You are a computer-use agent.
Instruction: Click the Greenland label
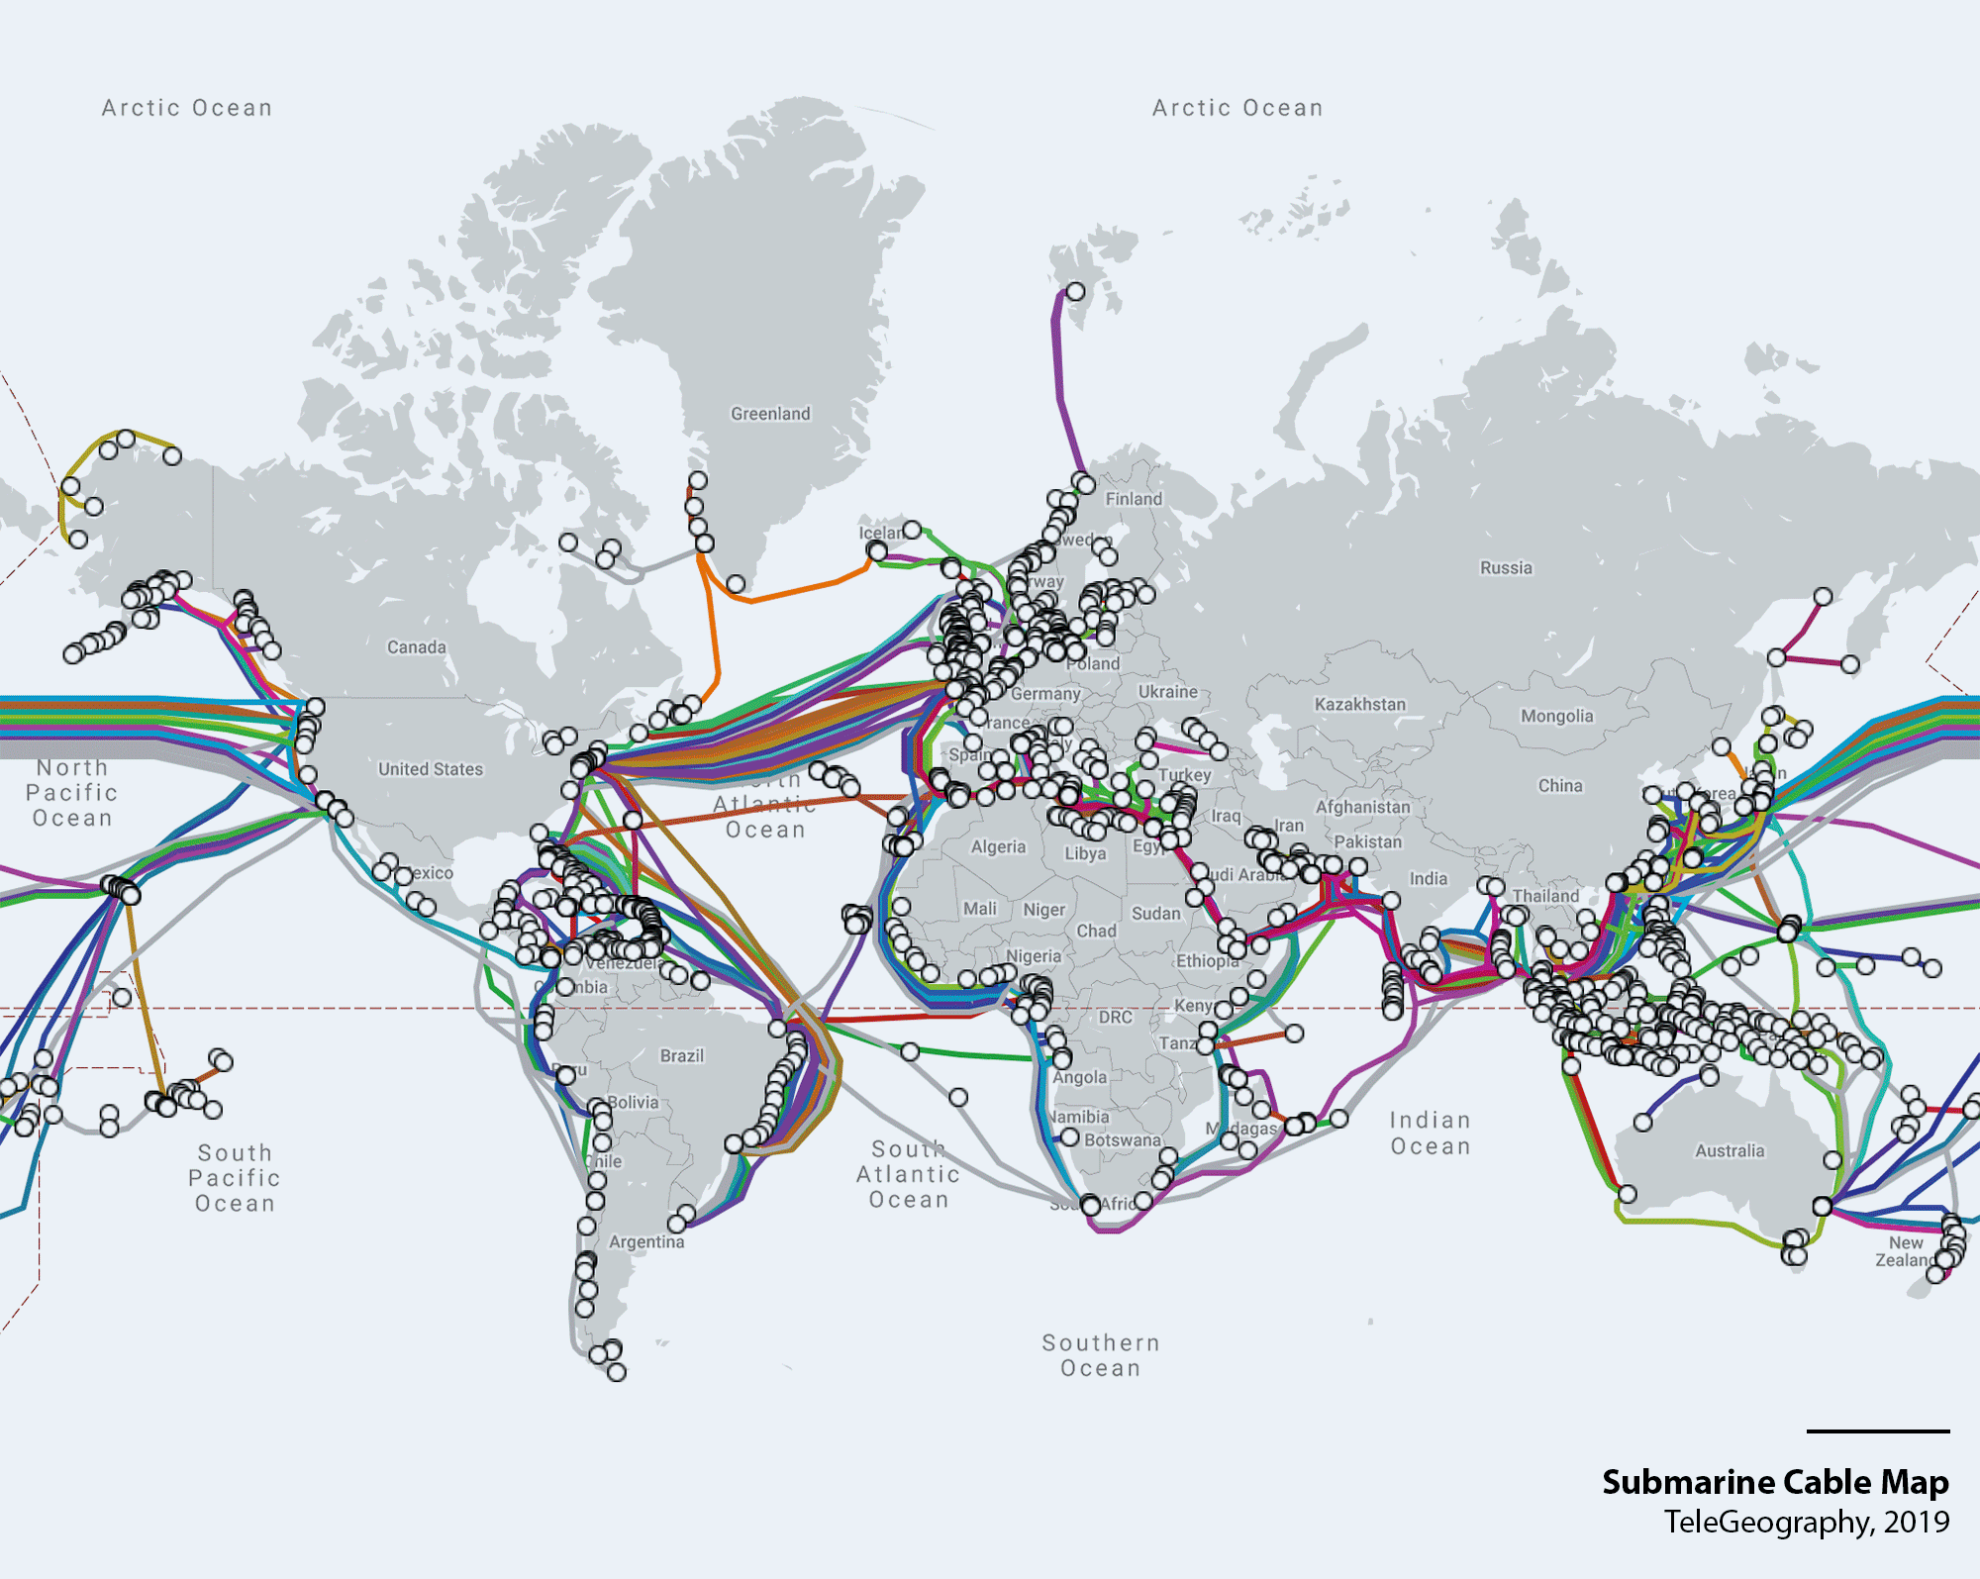coord(770,414)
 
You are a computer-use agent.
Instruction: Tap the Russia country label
coord(1506,567)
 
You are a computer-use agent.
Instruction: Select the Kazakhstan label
coord(1359,704)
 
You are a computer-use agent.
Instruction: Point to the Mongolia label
coord(1556,716)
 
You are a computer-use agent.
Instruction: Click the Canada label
coord(416,647)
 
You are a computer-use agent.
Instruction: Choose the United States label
coord(431,769)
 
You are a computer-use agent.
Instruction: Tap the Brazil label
coord(682,1055)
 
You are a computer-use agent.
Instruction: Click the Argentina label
coord(646,1241)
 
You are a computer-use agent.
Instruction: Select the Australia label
coord(1730,1150)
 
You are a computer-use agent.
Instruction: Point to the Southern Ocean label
coord(1100,1355)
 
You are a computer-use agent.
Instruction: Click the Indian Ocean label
coord(1431,1133)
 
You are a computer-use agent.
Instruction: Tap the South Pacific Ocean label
coord(235,1177)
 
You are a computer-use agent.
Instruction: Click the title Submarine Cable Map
coord(1775,1482)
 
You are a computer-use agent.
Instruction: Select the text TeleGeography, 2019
coord(1806,1522)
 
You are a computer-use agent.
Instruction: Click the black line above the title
coord(1877,1431)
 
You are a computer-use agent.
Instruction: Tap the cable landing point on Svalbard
coord(1075,291)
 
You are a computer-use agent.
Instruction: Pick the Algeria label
coord(998,846)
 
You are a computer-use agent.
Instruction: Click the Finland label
coord(1134,499)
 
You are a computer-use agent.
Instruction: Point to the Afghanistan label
coord(1362,807)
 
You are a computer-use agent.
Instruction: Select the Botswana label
coord(1122,1139)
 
